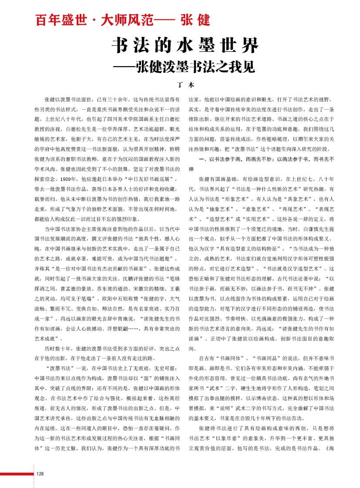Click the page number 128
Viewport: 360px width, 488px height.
pos(40,474)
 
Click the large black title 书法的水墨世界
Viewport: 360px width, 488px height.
pos(185,45)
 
